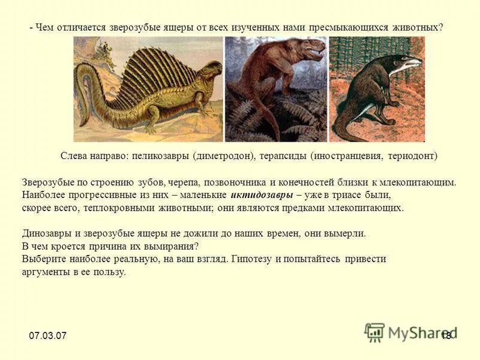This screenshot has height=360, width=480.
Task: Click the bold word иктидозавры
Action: point(262,196)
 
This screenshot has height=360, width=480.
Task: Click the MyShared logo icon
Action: point(375,332)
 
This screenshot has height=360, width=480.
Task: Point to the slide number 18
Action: point(446,335)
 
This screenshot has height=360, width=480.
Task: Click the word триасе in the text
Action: point(344,196)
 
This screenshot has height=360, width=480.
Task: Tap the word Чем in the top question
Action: point(45,27)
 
